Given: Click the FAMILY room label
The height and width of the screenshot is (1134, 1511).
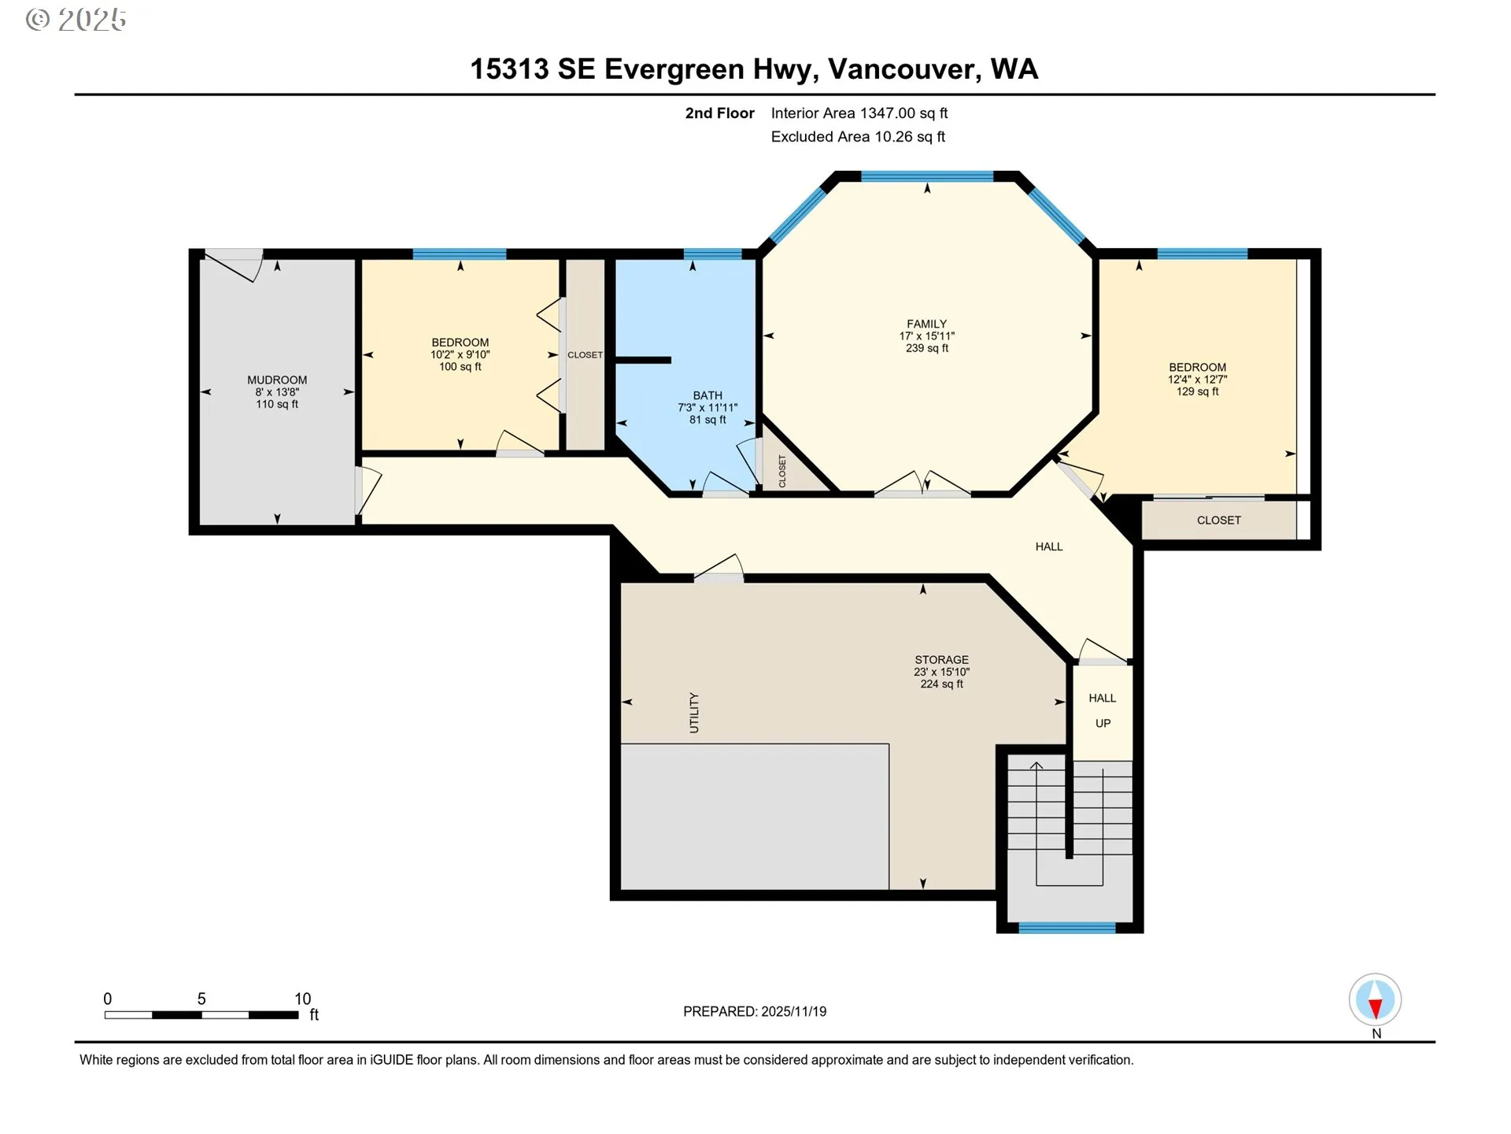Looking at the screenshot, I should click(x=926, y=324).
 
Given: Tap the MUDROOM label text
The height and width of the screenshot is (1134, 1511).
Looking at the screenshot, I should click(x=277, y=380).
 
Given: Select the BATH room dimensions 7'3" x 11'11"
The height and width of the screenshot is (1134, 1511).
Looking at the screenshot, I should click(x=707, y=408).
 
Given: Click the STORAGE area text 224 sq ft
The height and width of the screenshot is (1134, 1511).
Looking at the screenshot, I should click(x=941, y=684).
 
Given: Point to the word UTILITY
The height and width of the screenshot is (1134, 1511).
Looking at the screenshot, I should click(x=694, y=713).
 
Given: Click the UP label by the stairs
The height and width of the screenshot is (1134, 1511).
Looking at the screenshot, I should click(x=1103, y=723).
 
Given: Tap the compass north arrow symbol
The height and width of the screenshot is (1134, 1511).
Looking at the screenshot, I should click(x=1375, y=1000).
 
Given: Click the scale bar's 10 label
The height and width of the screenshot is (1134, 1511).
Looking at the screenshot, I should click(x=303, y=999).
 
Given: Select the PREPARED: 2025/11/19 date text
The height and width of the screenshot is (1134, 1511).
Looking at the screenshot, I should click(x=755, y=1012).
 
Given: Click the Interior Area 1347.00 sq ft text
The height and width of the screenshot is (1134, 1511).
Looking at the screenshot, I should click(x=859, y=113).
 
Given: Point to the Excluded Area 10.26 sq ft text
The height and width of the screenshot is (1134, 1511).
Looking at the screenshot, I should click(x=857, y=137).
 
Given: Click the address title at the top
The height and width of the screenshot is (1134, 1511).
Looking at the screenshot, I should click(x=754, y=69).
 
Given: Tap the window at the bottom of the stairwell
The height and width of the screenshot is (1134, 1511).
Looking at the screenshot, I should click(x=1066, y=928).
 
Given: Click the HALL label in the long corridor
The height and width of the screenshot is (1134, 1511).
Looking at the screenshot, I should click(x=1048, y=547).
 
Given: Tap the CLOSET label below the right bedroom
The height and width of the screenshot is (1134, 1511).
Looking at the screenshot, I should click(x=1218, y=521).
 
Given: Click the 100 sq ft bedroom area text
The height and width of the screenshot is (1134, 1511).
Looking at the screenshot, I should click(x=460, y=367).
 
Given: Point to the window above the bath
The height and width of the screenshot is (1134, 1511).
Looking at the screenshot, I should click(x=711, y=254).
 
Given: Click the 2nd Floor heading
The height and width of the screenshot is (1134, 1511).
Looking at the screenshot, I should click(x=719, y=113).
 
